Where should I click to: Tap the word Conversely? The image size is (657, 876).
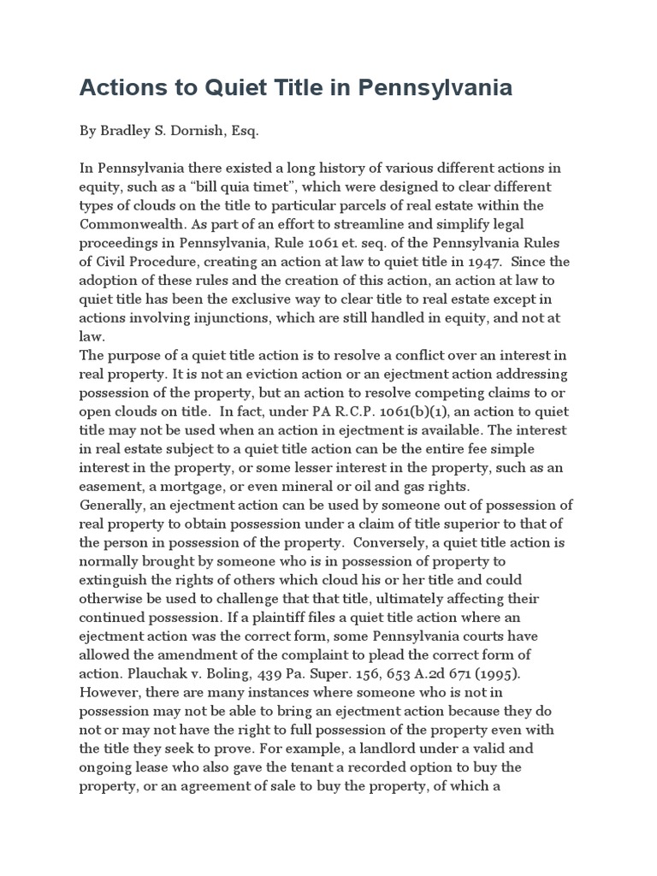tap(401, 542)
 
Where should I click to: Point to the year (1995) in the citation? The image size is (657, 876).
tap(492, 673)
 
